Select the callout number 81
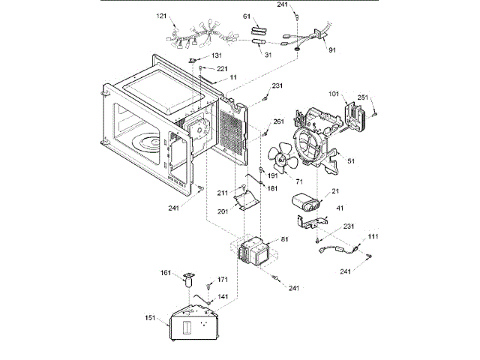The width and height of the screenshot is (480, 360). (284, 240)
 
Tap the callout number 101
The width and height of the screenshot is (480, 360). (334, 94)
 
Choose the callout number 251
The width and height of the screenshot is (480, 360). (362, 97)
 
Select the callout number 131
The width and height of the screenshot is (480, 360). (216, 55)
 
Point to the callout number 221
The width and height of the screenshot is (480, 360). (221, 68)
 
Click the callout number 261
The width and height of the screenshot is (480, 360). (278, 121)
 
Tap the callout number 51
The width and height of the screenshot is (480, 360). (350, 159)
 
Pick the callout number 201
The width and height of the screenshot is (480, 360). (222, 211)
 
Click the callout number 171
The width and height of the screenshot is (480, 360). (222, 279)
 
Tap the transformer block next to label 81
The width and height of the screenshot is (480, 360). (255, 253)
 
